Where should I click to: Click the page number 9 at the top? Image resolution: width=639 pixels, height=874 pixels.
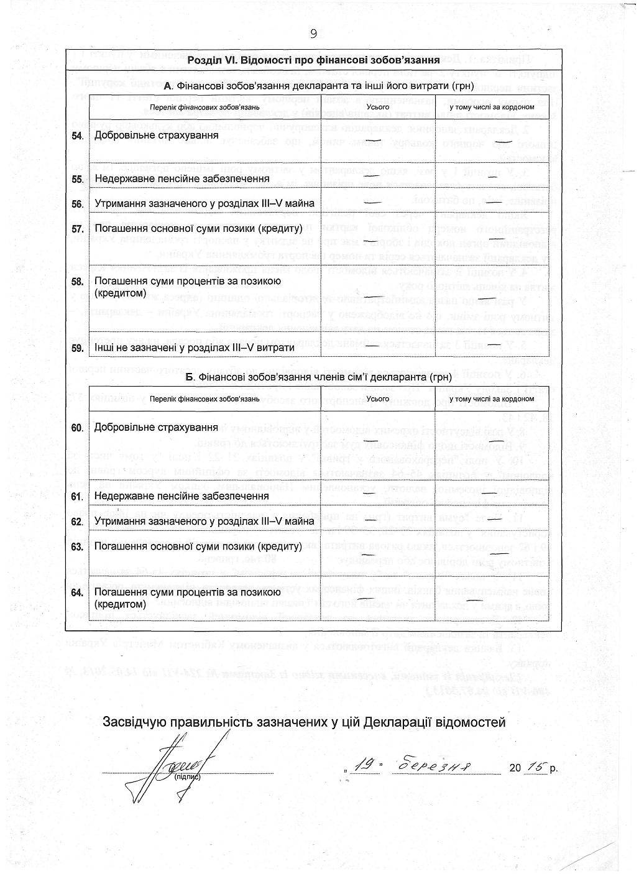coord(313,34)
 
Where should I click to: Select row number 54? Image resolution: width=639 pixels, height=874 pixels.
coord(78,136)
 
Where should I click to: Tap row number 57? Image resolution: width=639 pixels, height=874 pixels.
coord(78,229)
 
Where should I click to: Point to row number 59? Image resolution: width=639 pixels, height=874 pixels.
coord(78,347)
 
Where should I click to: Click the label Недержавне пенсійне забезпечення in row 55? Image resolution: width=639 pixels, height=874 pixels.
coord(182,179)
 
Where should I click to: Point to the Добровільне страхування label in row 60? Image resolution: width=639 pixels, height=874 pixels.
coord(156,428)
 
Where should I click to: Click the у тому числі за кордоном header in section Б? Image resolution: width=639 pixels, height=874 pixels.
coord(492,399)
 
